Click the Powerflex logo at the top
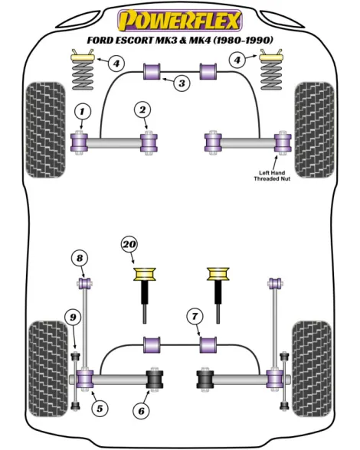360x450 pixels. (180, 20)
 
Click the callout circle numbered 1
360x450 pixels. (82, 112)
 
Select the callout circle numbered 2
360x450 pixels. (142, 109)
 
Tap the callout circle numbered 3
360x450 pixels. (182, 83)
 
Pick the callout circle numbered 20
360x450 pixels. (129, 245)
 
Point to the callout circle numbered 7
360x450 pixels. (195, 317)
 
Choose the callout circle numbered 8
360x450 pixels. (80, 259)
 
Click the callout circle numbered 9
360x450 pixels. (73, 318)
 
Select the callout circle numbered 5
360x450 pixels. (100, 409)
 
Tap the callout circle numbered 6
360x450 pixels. (142, 411)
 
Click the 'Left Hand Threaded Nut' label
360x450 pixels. (272, 176)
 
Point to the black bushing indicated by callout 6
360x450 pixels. (155, 379)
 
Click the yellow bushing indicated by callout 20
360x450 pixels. (145, 274)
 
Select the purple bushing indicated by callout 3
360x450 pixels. (152, 71)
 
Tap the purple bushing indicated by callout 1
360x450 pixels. (79, 142)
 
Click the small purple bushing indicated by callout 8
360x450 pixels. (85, 283)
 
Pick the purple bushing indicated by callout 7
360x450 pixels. (208, 345)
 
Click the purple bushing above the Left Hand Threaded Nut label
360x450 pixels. (283, 142)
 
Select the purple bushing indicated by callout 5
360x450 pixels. (84, 379)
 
